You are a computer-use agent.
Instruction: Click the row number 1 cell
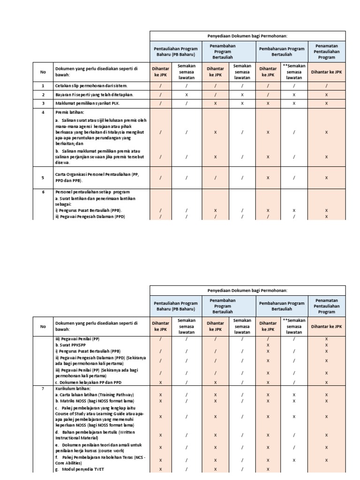[x=43, y=86]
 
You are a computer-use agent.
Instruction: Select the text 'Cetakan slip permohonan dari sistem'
[x=91, y=86]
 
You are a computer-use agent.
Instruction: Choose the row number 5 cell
[x=43, y=178]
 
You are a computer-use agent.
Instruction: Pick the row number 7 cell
[x=43, y=389]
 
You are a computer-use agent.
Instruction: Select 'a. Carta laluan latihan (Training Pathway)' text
[x=94, y=395]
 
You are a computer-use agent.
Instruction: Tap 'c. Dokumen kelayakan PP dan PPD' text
[x=89, y=382]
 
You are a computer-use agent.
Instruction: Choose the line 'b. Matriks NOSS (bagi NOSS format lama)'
[x=94, y=401]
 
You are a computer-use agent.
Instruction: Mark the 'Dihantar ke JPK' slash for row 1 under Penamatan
[x=326, y=86]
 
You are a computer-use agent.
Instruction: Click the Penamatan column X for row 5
[x=326, y=178]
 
